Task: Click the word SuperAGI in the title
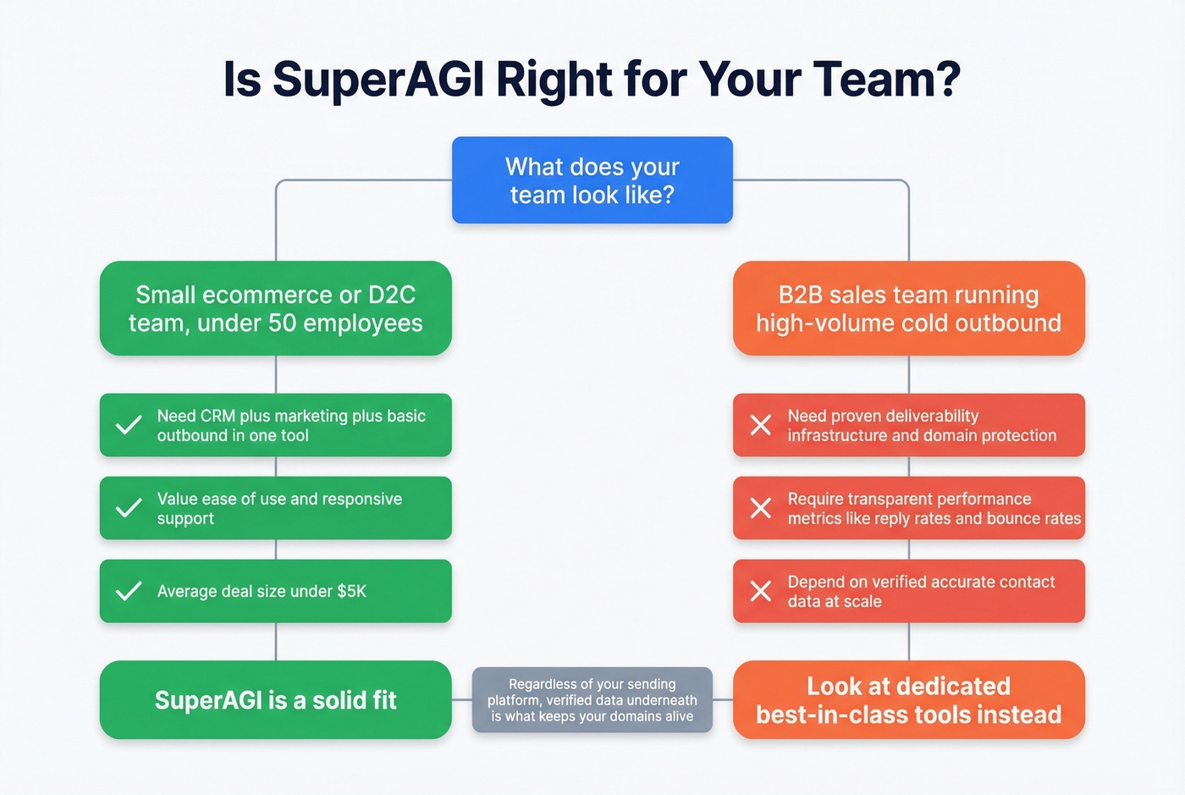379,80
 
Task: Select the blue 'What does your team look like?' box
592,180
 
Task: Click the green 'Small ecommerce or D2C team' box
275,308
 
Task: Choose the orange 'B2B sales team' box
908,308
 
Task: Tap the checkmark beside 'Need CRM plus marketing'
129,425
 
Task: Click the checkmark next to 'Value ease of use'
129,508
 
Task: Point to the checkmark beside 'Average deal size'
129,591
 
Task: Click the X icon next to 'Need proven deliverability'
761,425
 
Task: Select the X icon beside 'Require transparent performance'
761,508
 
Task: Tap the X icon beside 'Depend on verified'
761,591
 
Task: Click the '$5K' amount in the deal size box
351,591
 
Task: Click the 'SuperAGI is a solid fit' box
275,700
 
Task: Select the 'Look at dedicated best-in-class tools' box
908,700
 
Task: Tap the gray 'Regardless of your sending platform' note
592,700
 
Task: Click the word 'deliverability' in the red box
930,416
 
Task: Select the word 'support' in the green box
185,519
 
